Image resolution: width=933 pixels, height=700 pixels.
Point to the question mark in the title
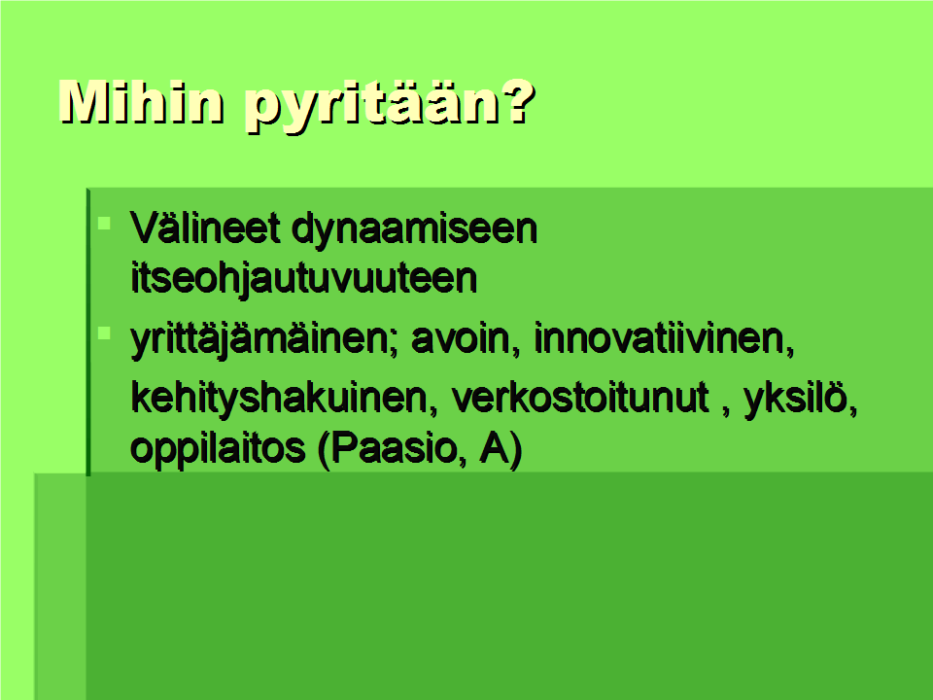tap(514, 102)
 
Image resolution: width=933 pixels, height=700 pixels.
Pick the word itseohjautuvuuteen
tap(304, 277)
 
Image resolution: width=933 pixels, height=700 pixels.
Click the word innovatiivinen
tap(664, 338)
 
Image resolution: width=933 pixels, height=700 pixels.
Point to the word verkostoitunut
tap(581, 398)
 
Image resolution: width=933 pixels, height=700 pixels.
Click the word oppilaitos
tap(217, 450)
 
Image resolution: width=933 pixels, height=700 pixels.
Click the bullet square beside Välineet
tap(104, 224)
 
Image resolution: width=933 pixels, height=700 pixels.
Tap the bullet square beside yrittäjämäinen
tap(104, 333)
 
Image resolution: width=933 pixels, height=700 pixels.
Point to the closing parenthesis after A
tap(516, 450)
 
